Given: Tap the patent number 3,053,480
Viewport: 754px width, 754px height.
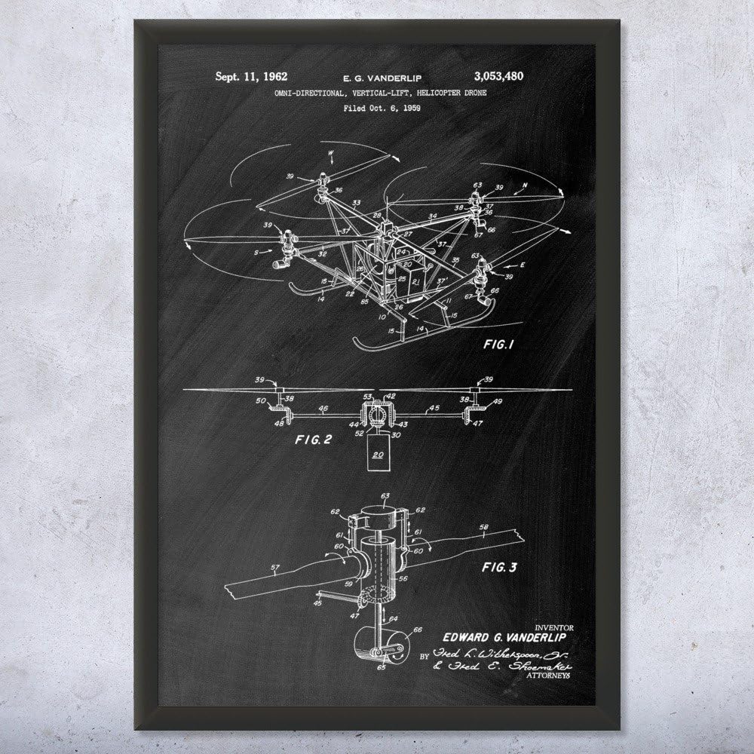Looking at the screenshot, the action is coord(498,75).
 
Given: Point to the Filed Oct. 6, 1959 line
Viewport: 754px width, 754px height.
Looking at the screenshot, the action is coord(375,107).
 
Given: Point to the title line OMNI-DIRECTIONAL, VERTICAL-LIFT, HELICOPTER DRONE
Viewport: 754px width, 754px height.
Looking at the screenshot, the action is coord(375,91).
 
